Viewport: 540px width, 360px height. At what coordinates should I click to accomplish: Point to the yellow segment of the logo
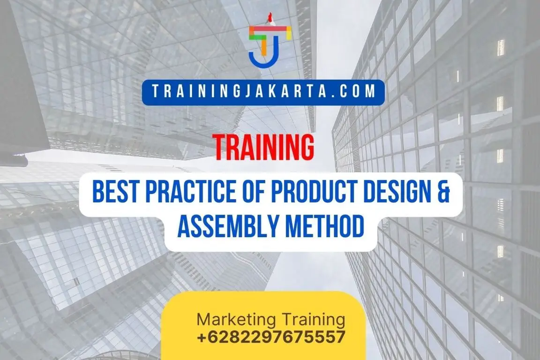coord(283,30)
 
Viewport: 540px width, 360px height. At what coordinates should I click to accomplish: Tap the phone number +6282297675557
coord(271,337)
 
